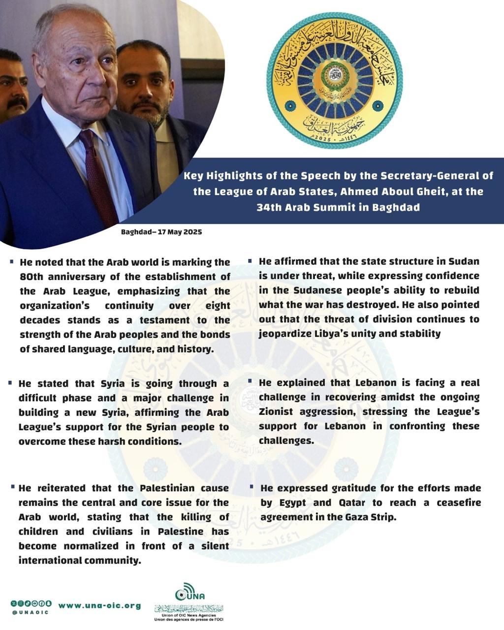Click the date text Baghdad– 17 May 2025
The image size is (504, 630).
[161, 232]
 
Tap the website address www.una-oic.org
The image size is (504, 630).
[99, 606]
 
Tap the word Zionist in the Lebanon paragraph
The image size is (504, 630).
[278, 411]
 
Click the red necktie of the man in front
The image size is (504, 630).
[97, 177]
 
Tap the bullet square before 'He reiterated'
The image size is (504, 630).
[12, 487]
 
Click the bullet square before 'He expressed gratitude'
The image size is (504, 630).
[252, 487]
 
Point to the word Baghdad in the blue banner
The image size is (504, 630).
[396, 207]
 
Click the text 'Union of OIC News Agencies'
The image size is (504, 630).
[189, 615]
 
